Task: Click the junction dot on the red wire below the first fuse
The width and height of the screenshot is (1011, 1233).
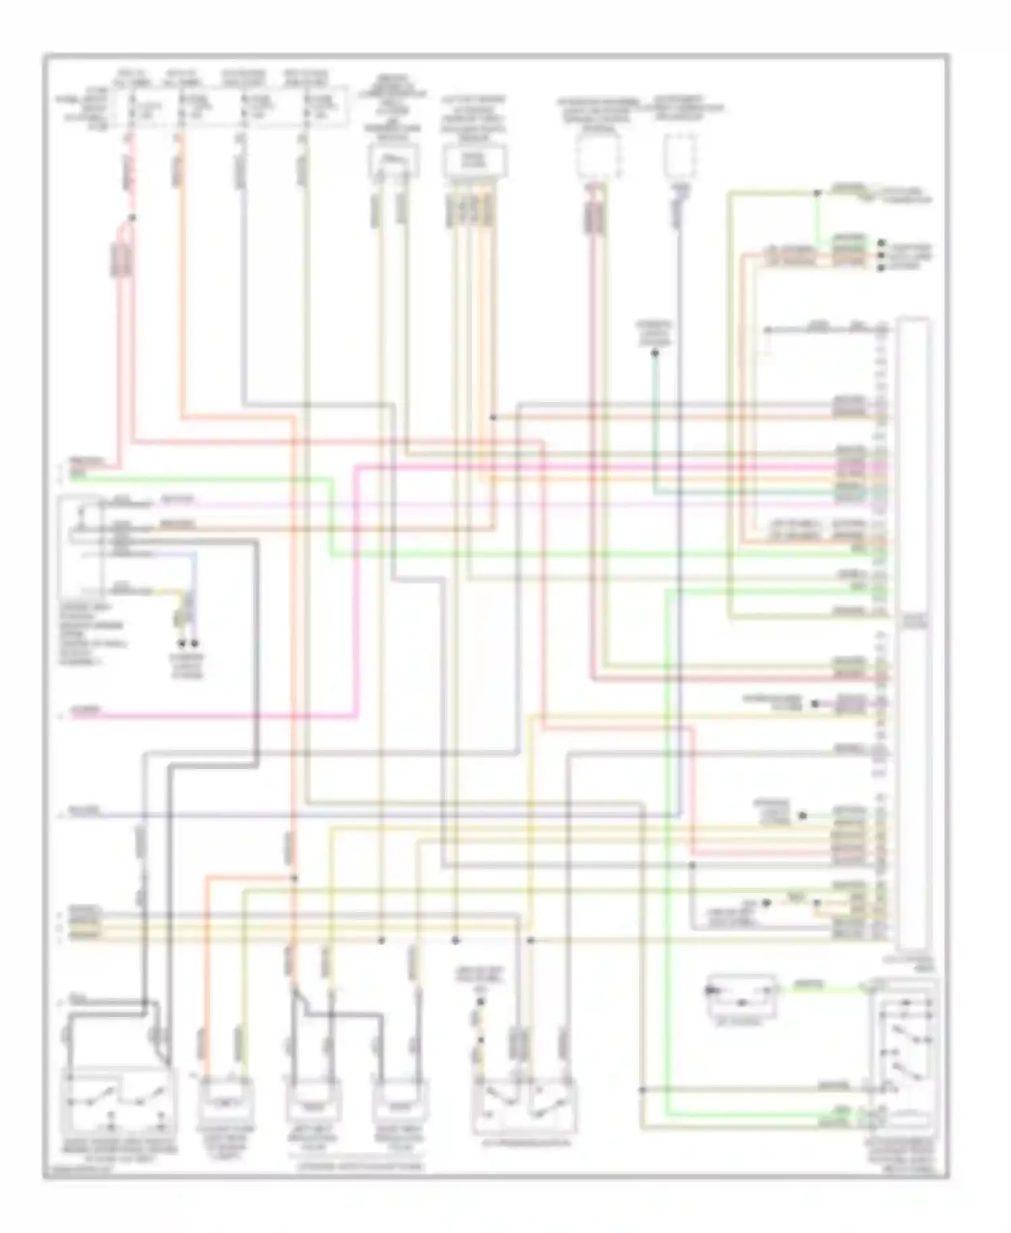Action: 132,218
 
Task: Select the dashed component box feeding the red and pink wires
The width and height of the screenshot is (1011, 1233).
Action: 599,156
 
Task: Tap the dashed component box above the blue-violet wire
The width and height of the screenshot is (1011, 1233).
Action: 679,156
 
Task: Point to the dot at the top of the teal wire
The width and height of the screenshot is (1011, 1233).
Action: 654,353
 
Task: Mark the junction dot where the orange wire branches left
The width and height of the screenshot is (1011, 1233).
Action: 294,878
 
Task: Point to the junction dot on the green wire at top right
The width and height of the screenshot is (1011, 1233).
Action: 816,194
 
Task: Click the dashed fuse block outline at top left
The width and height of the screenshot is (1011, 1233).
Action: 233,106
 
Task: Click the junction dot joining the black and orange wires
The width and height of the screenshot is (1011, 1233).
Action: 493,418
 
